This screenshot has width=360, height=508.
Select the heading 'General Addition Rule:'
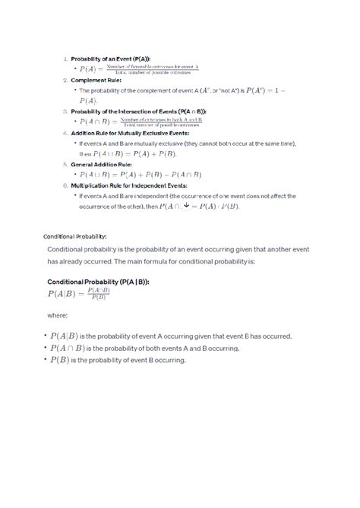click(101, 163)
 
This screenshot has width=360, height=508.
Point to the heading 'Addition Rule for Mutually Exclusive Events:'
click(131, 132)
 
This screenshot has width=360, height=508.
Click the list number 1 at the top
click(65, 58)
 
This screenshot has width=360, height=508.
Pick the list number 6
click(65, 185)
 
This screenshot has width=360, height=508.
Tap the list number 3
click(65, 111)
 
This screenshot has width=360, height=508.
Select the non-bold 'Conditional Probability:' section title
click(75, 236)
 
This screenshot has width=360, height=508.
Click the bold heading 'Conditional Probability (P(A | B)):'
click(98, 282)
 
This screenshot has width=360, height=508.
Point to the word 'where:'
click(58, 314)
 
